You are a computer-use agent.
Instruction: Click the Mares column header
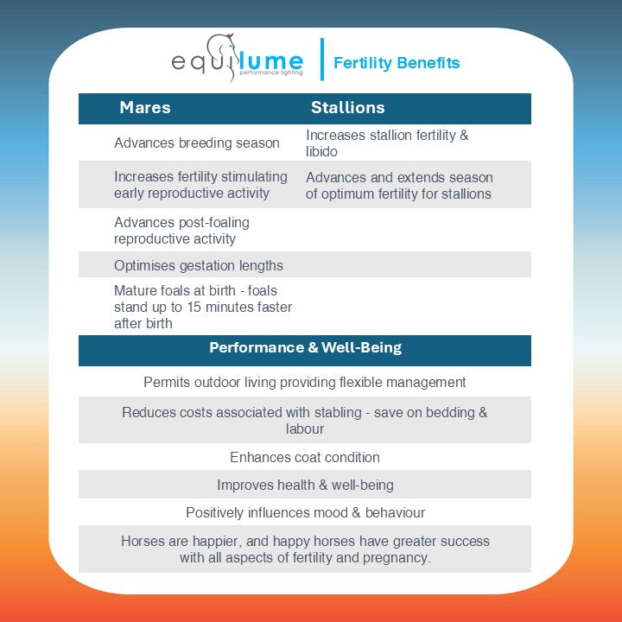145,108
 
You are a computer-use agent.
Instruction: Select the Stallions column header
347,108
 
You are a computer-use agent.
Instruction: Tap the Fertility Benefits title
397,63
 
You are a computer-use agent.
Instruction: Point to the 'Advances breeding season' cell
197,143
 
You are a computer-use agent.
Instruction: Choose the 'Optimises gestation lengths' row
199,265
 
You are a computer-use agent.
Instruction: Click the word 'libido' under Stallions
321,152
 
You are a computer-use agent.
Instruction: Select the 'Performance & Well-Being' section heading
305,349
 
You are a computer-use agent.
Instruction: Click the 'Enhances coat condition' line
305,458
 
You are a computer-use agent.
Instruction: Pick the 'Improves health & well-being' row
305,486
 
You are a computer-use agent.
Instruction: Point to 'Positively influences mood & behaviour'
305,513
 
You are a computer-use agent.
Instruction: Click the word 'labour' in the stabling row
305,429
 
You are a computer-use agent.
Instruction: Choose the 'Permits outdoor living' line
305,383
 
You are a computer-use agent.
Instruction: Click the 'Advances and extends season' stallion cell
398,185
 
